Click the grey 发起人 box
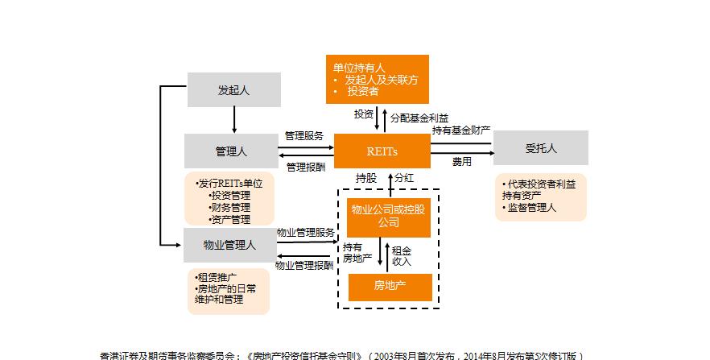click(234, 89)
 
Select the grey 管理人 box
click(231, 151)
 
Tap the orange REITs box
click(382, 151)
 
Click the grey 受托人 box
click(541, 148)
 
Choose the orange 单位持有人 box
click(377, 79)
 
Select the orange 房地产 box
click(390, 286)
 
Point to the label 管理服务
click(304, 136)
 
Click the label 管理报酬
click(306, 168)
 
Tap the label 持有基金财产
click(461, 130)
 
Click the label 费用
click(461, 162)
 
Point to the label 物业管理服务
click(305, 232)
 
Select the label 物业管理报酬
click(304, 265)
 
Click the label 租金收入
click(402, 255)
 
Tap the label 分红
click(405, 177)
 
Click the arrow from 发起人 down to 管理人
click(234, 120)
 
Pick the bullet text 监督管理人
click(531, 208)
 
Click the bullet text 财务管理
click(229, 207)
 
